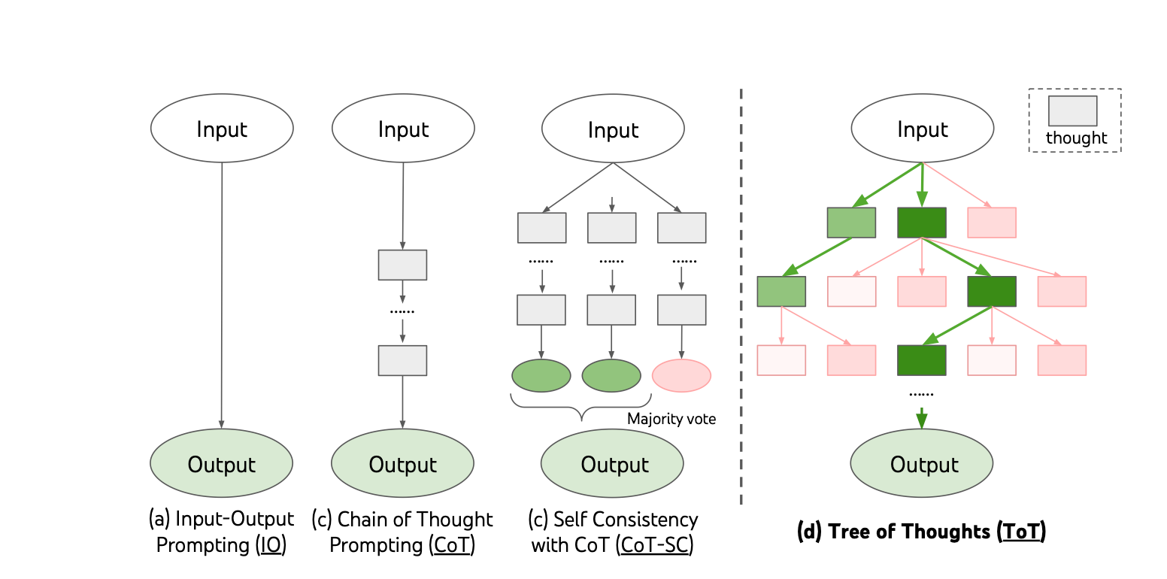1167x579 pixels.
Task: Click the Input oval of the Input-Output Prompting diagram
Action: click(x=222, y=129)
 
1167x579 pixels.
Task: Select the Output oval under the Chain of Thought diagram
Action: click(x=402, y=464)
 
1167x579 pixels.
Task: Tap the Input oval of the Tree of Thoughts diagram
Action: click(x=922, y=129)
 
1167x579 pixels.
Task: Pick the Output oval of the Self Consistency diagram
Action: click(x=613, y=464)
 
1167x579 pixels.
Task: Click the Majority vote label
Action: click(x=671, y=419)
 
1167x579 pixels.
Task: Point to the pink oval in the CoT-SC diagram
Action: click(x=681, y=375)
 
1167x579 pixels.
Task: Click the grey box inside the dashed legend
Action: click(x=1073, y=111)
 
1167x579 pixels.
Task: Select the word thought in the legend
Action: click(x=1076, y=138)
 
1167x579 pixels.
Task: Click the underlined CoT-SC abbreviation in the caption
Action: click(x=654, y=545)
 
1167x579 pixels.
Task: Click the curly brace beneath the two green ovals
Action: click(x=581, y=409)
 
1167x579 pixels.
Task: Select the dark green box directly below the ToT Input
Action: click(x=922, y=223)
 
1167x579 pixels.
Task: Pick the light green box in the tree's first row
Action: click(x=852, y=223)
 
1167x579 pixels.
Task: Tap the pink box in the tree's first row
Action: click(x=992, y=223)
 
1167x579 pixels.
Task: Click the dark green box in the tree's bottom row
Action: click(x=922, y=360)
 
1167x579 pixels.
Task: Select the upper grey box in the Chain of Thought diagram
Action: click(x=402, y=265)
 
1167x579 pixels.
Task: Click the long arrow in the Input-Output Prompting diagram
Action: click(x=221, y=293)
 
